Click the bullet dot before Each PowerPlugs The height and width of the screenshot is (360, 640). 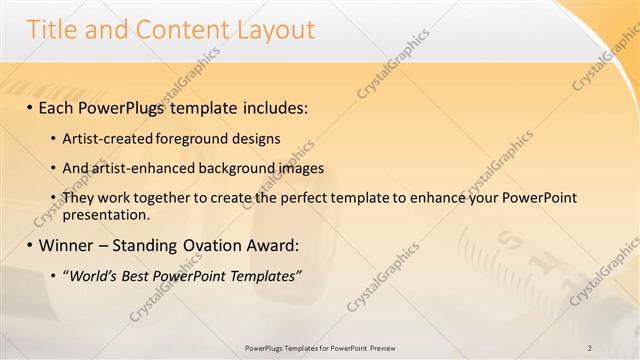pyautogui.click(x=30, y=107)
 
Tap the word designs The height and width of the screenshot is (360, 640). pyautogui.click(x=256, y=138)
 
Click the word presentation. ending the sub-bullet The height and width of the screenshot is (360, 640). pyautogui.click(x=106, y=213)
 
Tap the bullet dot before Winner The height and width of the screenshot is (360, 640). pyautogui.click(x=30, y=245)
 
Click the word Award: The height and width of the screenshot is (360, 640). pyautogui.click(x=268, y=245)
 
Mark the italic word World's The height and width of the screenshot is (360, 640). pyautogui.click(x=90, y=275)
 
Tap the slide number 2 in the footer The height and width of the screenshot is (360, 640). pyautogui.click(x=590, y=348)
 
